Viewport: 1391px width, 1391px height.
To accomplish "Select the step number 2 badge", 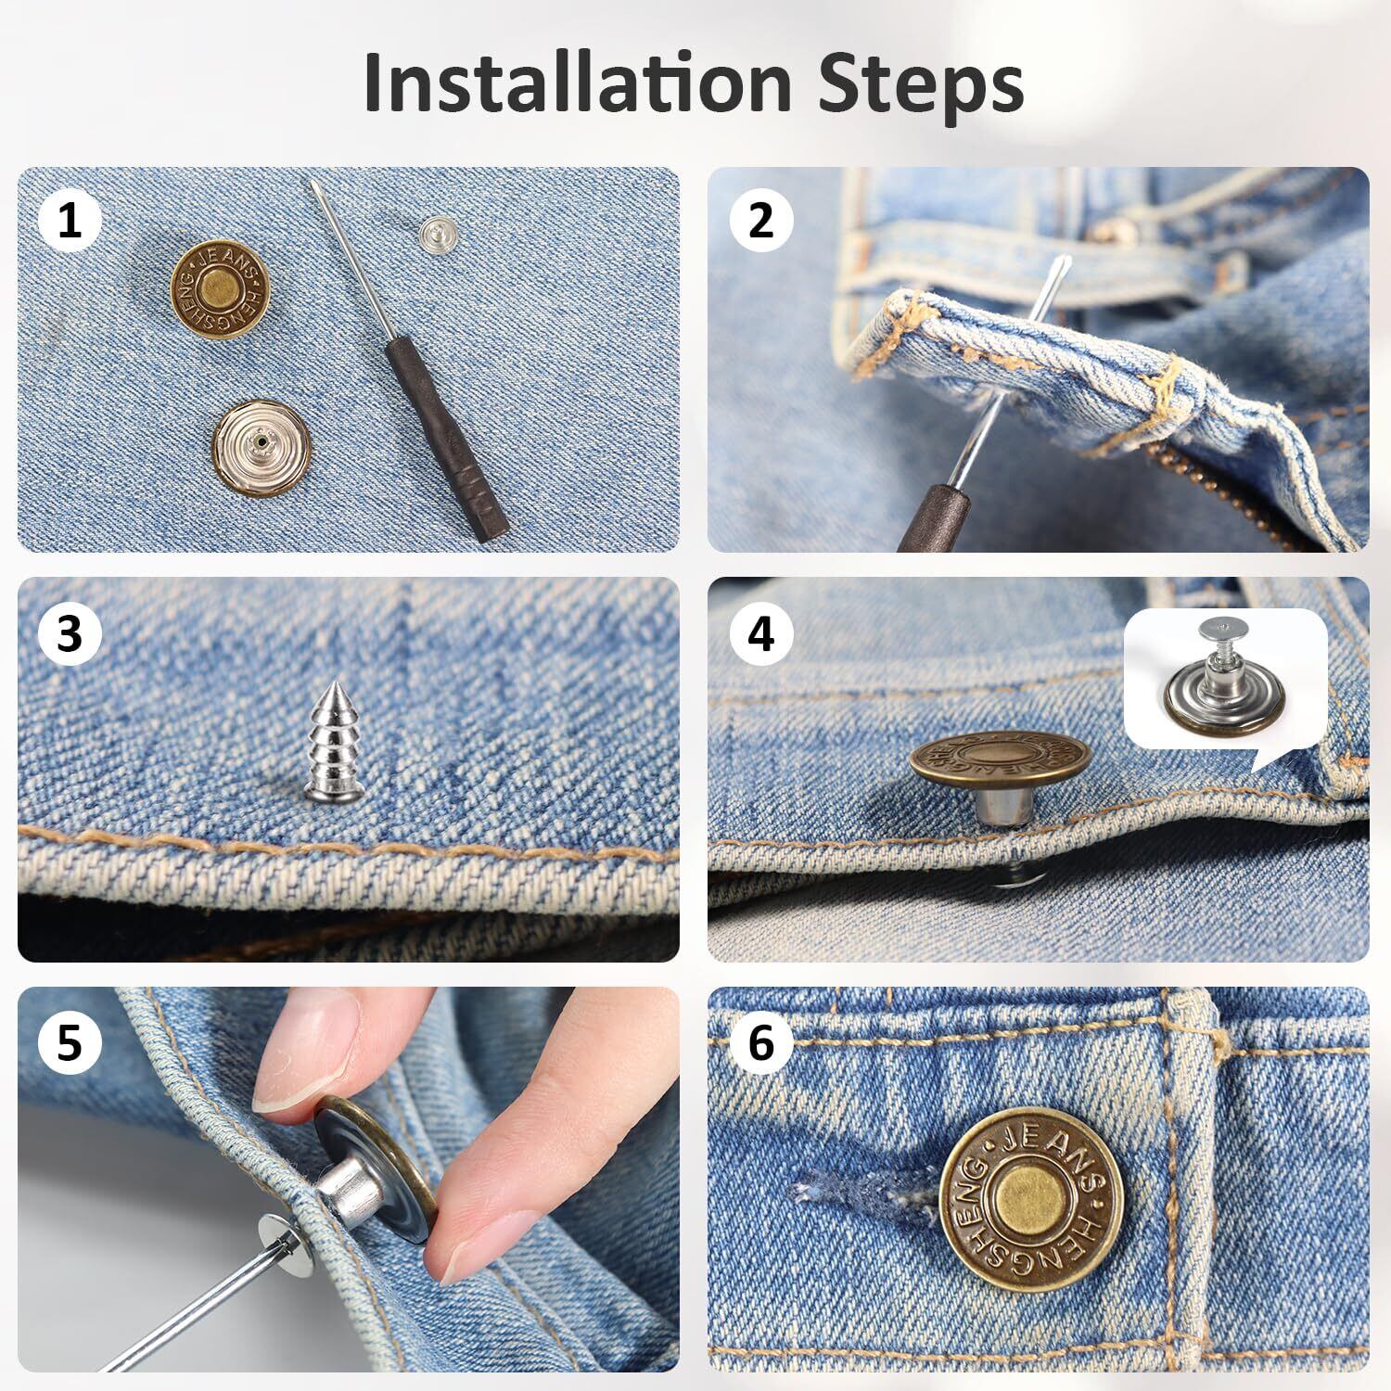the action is tap(760, 221).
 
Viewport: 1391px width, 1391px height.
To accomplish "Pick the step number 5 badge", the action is tap(70, 1042).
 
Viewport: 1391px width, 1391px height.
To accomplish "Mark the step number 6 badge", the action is tap(760, 1042).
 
